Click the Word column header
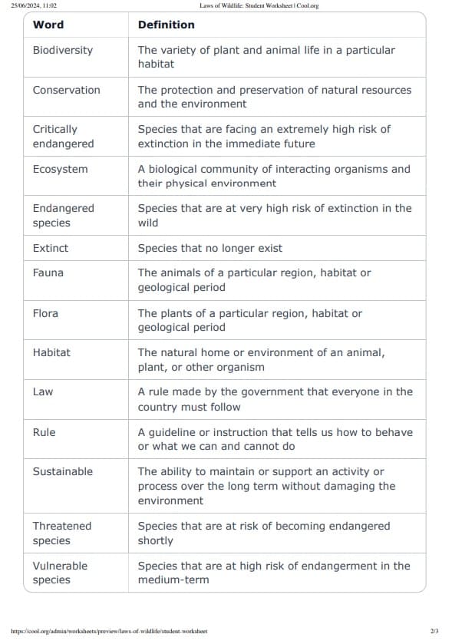48,25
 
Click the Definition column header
166,25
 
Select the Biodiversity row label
62,50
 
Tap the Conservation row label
66,90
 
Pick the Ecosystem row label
60,169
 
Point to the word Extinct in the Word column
50,248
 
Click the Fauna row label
48,272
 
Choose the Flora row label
45,313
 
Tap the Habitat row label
51,352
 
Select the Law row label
43,391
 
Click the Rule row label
44,432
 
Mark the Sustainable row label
62,471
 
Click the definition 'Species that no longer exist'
210,248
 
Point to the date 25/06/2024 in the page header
24,5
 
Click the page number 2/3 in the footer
434,631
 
